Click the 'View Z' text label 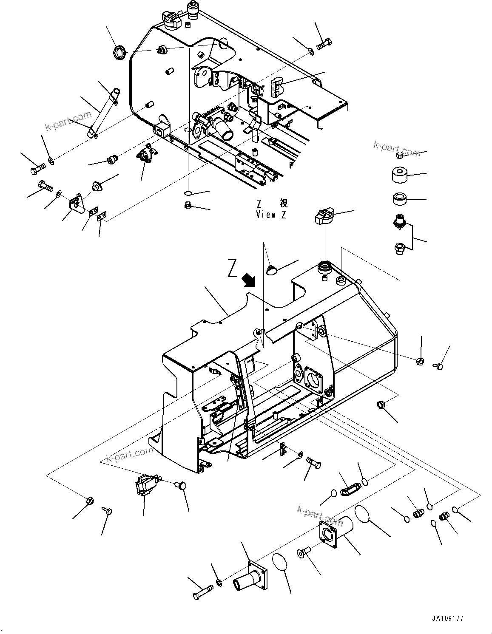point(271,215)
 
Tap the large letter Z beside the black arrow point(232,268)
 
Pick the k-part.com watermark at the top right point(396,149)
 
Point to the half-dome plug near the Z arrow point(271,269)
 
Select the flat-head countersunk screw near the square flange point(303,552)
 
